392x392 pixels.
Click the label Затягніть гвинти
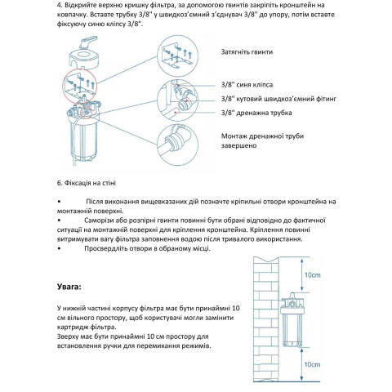247,52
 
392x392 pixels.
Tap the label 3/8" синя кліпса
247,85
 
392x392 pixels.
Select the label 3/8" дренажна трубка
256,113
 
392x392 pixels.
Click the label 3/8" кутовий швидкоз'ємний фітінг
278,99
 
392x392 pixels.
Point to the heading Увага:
69,287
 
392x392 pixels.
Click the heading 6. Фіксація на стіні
87,183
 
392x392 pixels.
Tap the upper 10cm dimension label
312,275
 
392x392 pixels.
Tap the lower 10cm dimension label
312,364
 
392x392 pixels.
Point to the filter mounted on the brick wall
292,320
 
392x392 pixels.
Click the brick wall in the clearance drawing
265,318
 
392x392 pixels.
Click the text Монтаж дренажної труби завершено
262,140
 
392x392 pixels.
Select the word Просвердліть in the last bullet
106,248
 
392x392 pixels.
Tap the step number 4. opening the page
60,5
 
